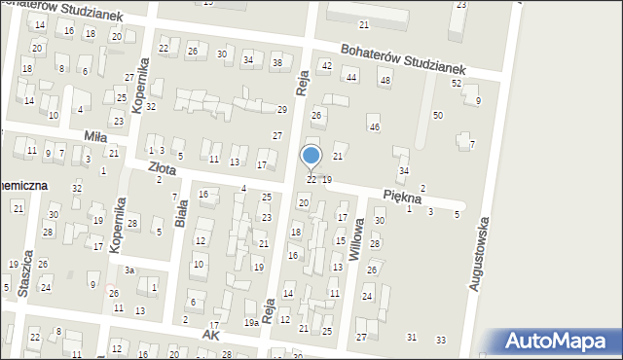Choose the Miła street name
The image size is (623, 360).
coord(95,136)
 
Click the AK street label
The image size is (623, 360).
coord(211,334)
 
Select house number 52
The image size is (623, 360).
coord(456,83)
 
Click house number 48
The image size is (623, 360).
coord(385,80)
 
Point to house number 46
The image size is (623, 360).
coord(374,127)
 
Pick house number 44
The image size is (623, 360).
coord(351,76)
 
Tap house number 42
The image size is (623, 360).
coord(326,64)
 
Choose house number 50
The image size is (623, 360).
coord(438,115)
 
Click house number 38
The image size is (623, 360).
coord(276,62)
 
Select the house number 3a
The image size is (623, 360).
coord(128,270)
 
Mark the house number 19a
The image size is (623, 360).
coord(251,322)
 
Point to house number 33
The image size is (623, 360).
coord(441,339)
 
